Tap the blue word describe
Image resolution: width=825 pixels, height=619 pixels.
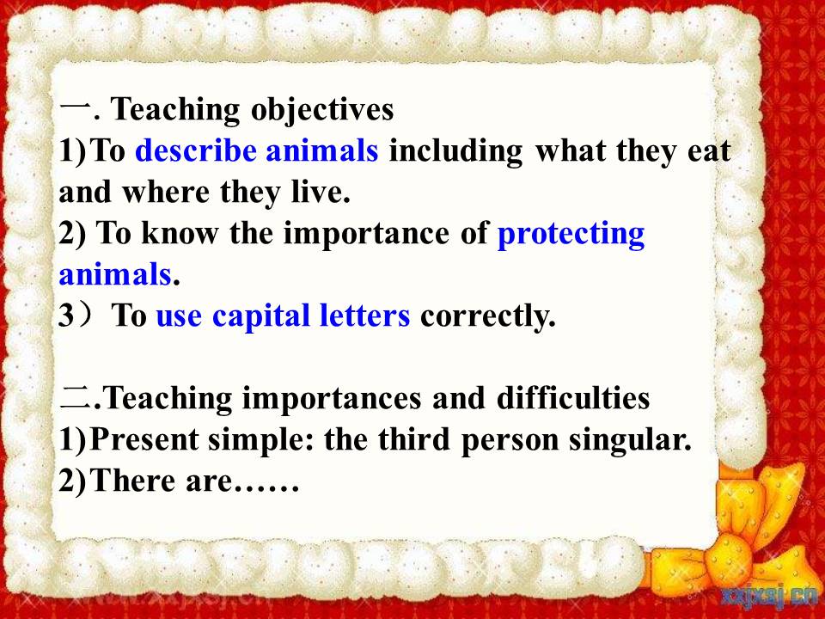[196, 150]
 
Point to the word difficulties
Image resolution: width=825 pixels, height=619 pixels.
[573, 398]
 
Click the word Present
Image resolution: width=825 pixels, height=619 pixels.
[144, 439]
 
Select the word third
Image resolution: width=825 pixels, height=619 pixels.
[413, 439]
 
